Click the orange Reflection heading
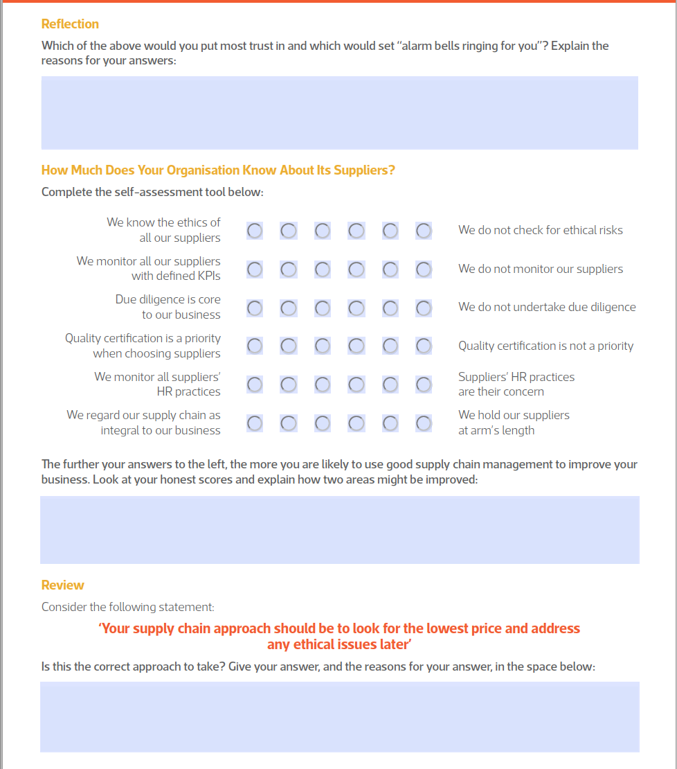(x=70, y=24)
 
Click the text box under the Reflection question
(x=339, y=113)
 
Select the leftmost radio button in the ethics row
(x=255, y=231)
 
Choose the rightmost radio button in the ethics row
(x=424, y=231)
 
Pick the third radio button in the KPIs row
(x=323, y=269)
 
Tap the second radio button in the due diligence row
(x=289, y=308)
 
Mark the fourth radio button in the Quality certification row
(x=356, y=346)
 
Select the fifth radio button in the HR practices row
(x=390, y=384)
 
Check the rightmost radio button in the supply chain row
(x=424, y=423)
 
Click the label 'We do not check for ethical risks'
(x=540, y=230)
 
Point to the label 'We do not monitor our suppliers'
(x=540, y=269)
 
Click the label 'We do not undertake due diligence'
(x=546, y=307)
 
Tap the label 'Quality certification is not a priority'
(x=545, y=346)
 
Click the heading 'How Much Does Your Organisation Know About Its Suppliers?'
(x=218, y=170)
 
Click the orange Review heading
(x=63, y=585)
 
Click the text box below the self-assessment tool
(x=339, y=530)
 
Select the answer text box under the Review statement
(x=339, y=717)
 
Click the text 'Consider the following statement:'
(x=127, y=608)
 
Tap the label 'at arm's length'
(x=496, y=430)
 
